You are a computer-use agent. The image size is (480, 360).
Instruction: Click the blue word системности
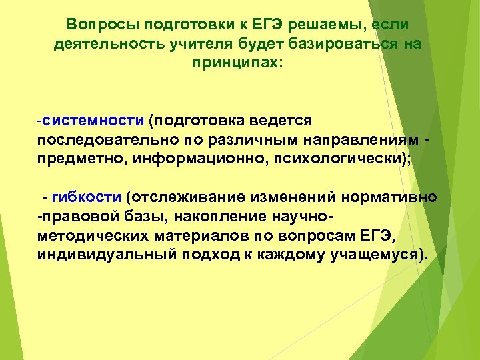94,121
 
